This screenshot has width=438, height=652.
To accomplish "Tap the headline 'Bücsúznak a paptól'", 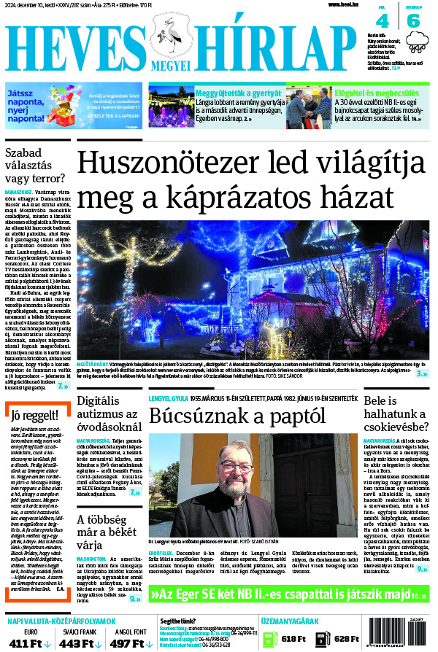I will click(226, 416).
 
